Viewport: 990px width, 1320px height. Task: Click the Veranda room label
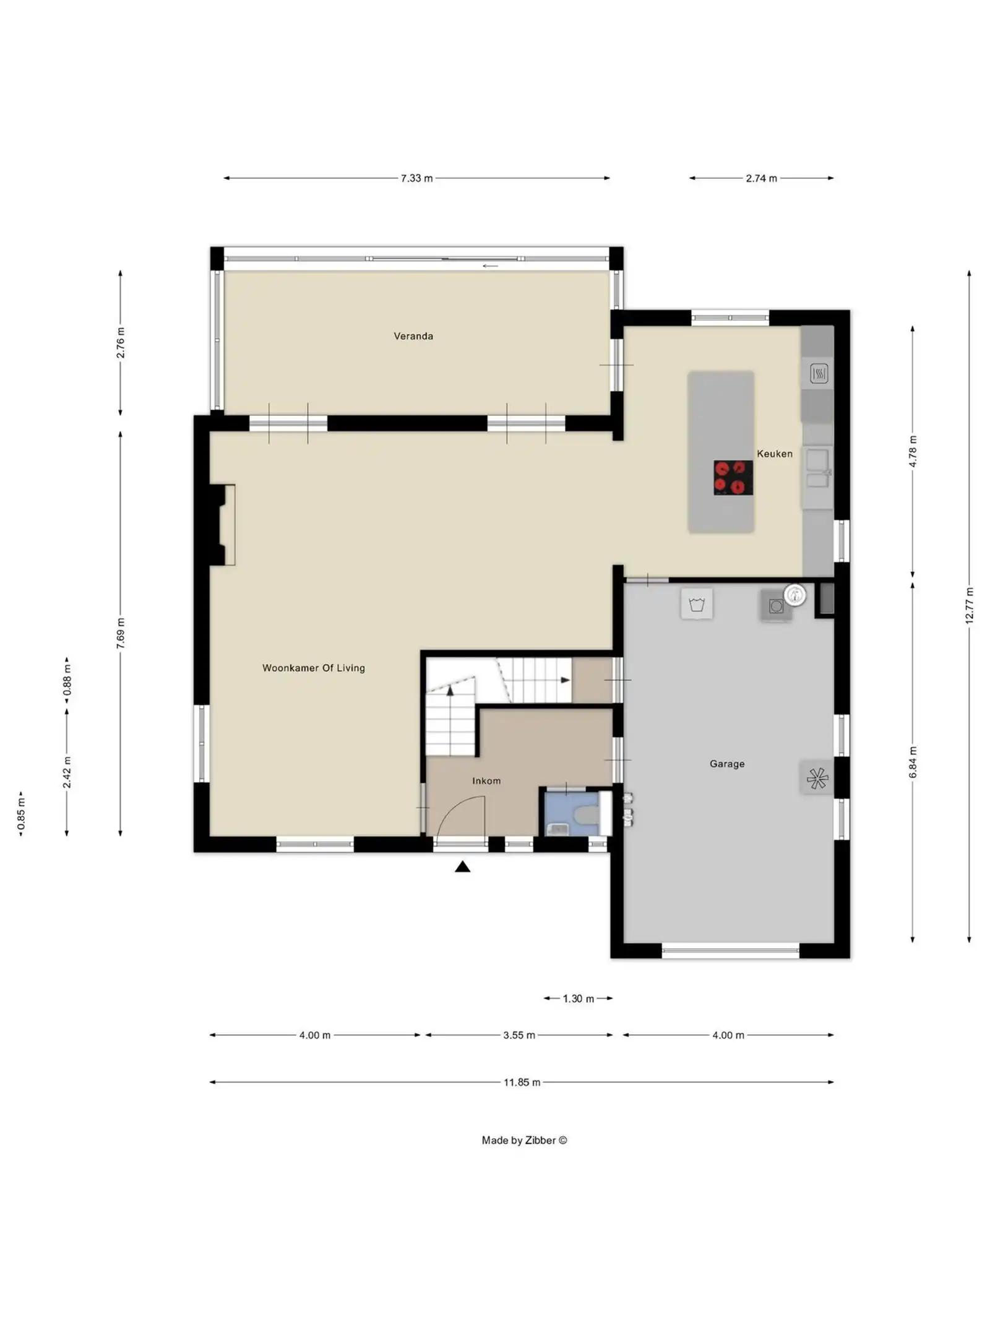(413, 336)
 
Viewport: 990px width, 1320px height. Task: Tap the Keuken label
(773, 454)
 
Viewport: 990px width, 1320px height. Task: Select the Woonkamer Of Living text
(313, 668)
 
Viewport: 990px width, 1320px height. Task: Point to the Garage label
(726, 764)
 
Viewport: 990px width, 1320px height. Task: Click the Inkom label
(486, 781)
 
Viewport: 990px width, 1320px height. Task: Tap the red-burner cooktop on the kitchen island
(733, 477)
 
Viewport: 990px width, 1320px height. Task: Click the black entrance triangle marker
(462, 867)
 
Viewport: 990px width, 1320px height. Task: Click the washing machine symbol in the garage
(697, 604)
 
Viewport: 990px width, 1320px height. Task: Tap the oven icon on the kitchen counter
(818, 373)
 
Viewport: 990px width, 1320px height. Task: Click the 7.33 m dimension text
(416, 178)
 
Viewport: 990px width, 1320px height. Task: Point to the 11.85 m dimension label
(521, 1082)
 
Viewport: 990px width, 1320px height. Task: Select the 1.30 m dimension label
(578, 999)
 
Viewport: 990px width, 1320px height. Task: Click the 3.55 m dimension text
(519, 1035)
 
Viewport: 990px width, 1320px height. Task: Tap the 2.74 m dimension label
(761, 178)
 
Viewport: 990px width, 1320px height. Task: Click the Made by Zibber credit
(524, 1141)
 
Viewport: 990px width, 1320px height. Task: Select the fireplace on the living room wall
(221, 525)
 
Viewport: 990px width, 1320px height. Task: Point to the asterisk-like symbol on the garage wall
(817, 778)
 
